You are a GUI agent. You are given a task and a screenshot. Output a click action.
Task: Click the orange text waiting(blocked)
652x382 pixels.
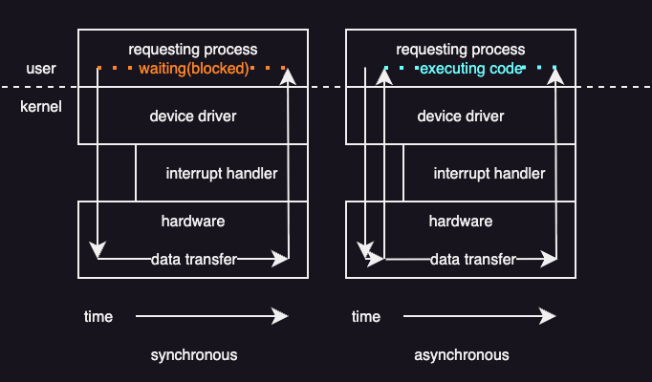pos(193,69)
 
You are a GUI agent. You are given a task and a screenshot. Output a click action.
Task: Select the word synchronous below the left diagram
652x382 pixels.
pos(193,354)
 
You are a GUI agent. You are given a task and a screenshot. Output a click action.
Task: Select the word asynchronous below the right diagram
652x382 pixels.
pos(461,354)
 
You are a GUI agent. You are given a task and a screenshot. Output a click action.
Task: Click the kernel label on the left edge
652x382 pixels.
pos(41,106)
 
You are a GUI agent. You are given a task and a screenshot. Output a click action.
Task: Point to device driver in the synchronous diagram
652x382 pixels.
pos(193,117)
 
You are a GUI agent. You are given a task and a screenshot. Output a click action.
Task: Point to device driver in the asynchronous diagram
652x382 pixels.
pos(461,117)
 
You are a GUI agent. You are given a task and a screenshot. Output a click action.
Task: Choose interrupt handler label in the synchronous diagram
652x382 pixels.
pos(222,174)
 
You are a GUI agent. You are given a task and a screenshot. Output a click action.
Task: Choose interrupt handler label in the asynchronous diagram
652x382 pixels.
pos(489,174)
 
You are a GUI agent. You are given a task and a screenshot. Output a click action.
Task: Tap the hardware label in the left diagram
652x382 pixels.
pos(193,221)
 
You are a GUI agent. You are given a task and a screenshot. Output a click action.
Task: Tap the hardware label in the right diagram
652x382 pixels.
pos(461,221)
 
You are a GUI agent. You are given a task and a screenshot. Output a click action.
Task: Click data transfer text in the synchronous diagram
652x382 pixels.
pos(193,259)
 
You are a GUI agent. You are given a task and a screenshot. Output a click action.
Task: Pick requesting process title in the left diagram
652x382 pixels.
pos(193,49)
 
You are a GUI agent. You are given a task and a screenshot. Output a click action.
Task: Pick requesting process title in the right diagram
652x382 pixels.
pos(461,49)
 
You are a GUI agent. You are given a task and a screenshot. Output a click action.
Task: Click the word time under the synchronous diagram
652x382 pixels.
pos(98,316)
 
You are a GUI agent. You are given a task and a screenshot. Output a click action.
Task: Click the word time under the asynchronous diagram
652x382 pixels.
pos(366,316)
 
